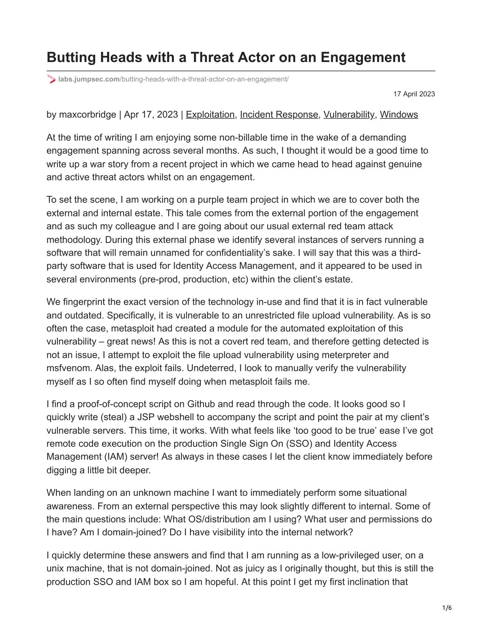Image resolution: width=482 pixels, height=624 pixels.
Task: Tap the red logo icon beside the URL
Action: (51, 79)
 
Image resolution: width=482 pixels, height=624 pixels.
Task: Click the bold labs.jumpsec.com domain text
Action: (89, 79)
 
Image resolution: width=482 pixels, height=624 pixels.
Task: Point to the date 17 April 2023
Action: (414, 94)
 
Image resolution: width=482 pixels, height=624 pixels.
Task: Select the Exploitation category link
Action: (210, 115)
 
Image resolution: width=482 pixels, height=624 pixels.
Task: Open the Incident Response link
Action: (279, 115)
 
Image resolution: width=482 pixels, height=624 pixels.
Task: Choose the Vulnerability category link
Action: (349, 115)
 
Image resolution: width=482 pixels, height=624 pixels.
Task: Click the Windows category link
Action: (399, 115)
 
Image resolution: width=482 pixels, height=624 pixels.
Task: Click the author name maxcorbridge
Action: (87, 115)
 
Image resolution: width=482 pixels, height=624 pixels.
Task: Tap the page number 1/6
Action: (447, 608)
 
